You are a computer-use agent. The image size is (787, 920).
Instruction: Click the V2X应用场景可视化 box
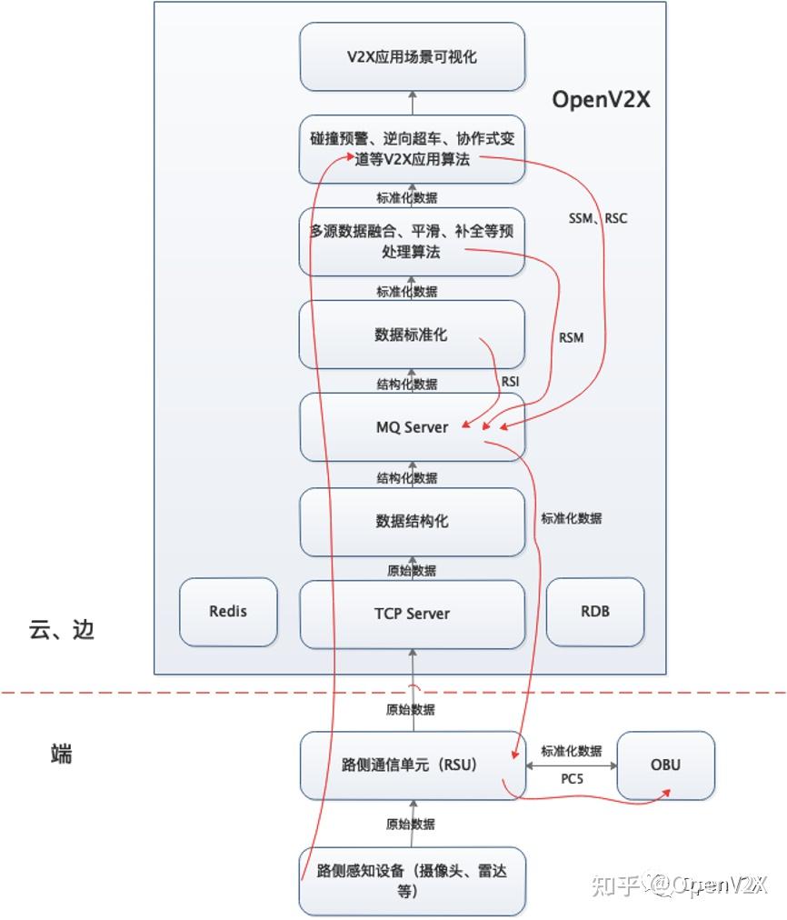(412, 56)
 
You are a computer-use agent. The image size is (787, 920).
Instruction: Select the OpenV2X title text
(601, 99)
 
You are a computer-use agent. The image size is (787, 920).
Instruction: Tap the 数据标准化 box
(412, 335)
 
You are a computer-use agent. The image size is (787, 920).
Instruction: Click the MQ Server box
(412, 426)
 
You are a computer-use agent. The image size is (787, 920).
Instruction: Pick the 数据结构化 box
(412, 521)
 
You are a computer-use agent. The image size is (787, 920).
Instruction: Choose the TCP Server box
(412, 614)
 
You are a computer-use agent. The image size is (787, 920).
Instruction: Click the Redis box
(228, 611)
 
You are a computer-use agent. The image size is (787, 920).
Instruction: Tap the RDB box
(594, 611)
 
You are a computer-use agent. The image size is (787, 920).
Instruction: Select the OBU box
(665, 765)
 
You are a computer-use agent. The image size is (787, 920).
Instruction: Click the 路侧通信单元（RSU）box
(412, 765)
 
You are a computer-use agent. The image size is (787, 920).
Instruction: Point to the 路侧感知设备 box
(412, 880)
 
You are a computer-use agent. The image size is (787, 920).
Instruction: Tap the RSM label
(572, 338)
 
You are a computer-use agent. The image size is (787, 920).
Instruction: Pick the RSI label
(511, 383)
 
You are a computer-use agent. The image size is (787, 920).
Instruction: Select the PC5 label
(571, 780)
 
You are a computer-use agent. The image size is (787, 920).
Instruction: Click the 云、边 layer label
(62, 630)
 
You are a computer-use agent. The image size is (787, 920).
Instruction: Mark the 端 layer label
(62, 754)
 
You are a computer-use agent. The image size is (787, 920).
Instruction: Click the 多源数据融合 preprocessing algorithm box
(412, 242)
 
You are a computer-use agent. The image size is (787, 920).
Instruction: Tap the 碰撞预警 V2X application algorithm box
(412, 148)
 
